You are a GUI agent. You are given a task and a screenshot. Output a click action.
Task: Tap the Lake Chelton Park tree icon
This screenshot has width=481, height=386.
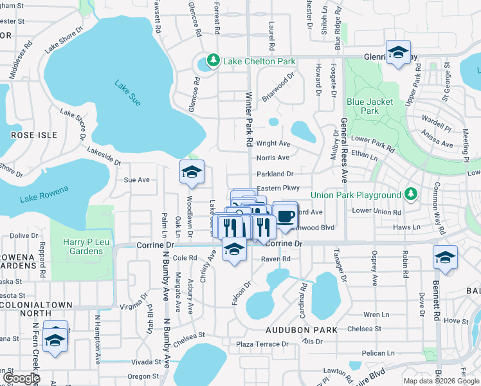point(212,62)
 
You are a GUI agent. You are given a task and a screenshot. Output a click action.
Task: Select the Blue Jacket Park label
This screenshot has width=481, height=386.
point(363,106)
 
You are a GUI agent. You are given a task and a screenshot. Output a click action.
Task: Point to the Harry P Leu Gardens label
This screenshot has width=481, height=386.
point(83,246)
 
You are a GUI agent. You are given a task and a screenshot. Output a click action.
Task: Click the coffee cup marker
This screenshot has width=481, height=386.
point(285,216)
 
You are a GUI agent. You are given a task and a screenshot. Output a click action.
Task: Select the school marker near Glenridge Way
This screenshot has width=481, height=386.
point(398,53)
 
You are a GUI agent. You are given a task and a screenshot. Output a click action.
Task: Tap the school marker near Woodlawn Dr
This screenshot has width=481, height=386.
point(192,172)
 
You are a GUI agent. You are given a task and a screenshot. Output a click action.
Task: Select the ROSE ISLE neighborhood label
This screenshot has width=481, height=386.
point(34,135)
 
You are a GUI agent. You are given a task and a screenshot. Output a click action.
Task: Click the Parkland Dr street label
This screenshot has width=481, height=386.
point(275,174)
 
